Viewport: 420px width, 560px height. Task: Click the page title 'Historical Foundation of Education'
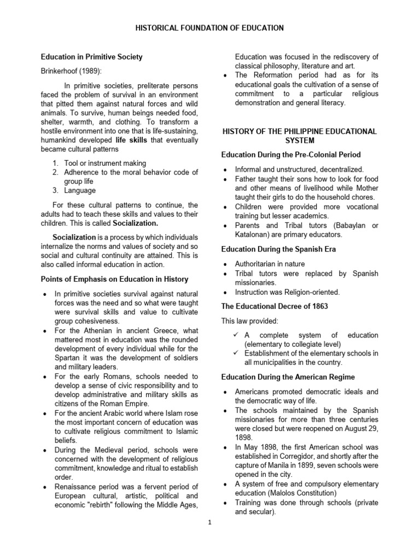[x=210, y=28]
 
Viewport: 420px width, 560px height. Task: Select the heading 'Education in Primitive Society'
[x=92, y=57]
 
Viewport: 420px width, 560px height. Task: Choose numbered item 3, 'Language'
[x=80, y=190]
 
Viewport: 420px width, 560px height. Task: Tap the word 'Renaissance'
[x=77, y=486]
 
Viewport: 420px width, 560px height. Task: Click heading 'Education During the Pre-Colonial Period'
[x=290, y=155]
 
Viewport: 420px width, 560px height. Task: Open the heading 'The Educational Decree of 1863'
[x=275, y=306]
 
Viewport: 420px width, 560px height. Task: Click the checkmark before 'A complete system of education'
[x=232, y=335]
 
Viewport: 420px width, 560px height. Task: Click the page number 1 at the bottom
[x=209, y=522]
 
